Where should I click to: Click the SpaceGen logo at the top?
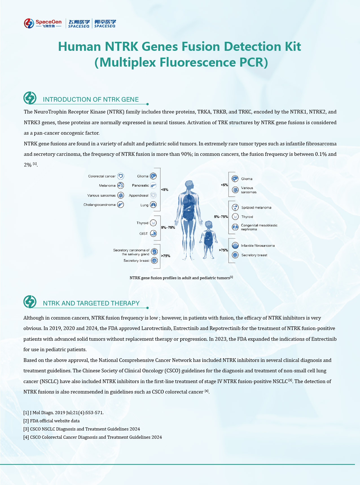(43, 23)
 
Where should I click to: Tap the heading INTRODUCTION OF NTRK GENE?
(91, 99)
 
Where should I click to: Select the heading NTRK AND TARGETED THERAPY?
(91, 303)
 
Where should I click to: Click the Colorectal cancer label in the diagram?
(102, 176)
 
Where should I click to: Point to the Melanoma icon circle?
(120, 185)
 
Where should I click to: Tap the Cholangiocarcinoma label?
(99, 205)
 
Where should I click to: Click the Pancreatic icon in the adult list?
(153, 185)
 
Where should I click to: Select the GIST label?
(144, 233)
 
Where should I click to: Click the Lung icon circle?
(153, 205)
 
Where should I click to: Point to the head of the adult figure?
(189, 185)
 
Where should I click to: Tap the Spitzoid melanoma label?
(256, 207)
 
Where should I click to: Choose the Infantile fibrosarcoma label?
(258, 246)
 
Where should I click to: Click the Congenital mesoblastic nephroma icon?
(235, 227)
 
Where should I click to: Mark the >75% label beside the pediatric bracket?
(223, 250)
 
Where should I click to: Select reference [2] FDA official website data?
(52, 421)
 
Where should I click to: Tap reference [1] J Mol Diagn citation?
(63, 412)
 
